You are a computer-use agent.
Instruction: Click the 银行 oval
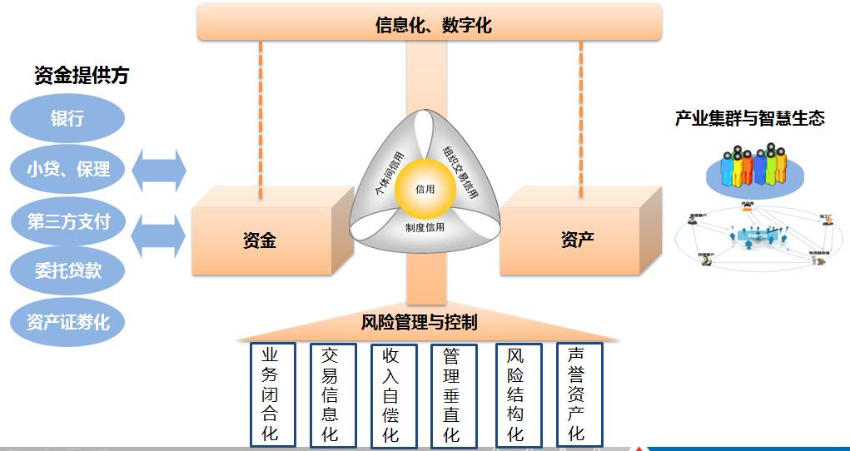(x=67, y=118)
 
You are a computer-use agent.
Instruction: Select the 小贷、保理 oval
(x=67, y=170)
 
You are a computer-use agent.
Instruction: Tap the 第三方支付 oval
(x=68, y=222)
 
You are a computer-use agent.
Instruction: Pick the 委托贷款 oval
(x=67, y=270)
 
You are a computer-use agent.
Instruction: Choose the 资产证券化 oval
(x=67, y=321)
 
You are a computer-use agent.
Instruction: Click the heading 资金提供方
(x=82, y=76)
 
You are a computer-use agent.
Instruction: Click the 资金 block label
(x=259, y=241)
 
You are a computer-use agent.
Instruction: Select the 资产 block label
(x=577, y=241)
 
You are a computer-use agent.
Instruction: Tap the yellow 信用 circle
(x=425, y=190)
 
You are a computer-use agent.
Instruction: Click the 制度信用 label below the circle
(x=425, y=227)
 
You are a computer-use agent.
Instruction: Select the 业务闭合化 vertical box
(x=270, y=394)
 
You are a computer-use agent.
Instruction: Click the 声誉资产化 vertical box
(x=577, y=394)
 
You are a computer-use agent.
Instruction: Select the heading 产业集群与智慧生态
(x=749, y=118)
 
